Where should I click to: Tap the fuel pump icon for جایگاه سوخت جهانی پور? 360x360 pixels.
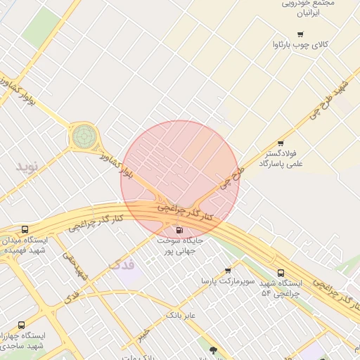(179, 229)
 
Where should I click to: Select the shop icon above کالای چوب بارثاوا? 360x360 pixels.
(300, 34)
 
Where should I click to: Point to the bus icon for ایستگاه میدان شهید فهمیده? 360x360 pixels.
(25, 230)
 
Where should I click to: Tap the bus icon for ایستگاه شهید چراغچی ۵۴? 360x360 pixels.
(281, 272)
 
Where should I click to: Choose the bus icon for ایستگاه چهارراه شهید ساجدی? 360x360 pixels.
(21, 326)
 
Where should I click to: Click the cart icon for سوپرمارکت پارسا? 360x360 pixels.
(228, 270)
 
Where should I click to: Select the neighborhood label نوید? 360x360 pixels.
(30, 166)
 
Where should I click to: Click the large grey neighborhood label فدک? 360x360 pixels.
(121, 265)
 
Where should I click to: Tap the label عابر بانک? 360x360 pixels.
(180, 316)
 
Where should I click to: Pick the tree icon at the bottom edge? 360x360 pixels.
(213, 349)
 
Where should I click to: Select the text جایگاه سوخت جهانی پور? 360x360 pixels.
(179, 245)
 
